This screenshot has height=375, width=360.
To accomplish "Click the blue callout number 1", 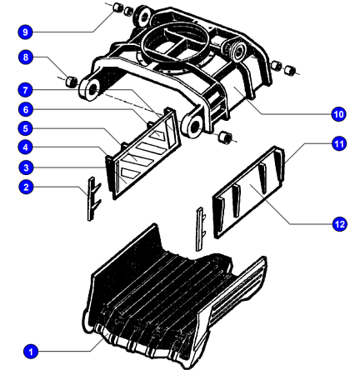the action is click(31, 352).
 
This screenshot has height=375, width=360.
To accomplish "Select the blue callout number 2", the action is click(26, 187).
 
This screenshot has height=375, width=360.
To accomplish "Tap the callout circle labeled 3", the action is click(26, 167).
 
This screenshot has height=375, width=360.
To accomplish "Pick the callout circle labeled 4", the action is click(26, 147).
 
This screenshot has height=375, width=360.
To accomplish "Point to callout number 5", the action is click(26, 128).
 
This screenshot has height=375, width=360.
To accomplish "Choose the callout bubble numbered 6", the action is click(26, 109).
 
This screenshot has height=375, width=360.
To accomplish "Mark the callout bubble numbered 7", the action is click(26, 90).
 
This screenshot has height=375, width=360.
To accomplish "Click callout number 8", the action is click(26, 57).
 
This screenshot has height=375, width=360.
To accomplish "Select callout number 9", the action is click(26, 32).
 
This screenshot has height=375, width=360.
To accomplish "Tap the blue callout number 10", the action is click(338, 114).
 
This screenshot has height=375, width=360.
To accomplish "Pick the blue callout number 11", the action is click(339, 144).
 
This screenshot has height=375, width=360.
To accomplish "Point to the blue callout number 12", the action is click(339, 224).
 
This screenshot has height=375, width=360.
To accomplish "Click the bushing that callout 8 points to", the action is click(72, 81).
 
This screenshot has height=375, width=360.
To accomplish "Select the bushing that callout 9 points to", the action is click(118, 7).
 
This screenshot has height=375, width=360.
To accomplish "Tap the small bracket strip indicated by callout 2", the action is click(93, 198).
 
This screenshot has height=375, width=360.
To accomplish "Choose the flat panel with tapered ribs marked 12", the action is click(248, 192).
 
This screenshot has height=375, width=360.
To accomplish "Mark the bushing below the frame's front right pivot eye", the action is click(225, 137).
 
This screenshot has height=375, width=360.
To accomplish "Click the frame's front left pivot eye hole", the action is click(92, 90).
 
